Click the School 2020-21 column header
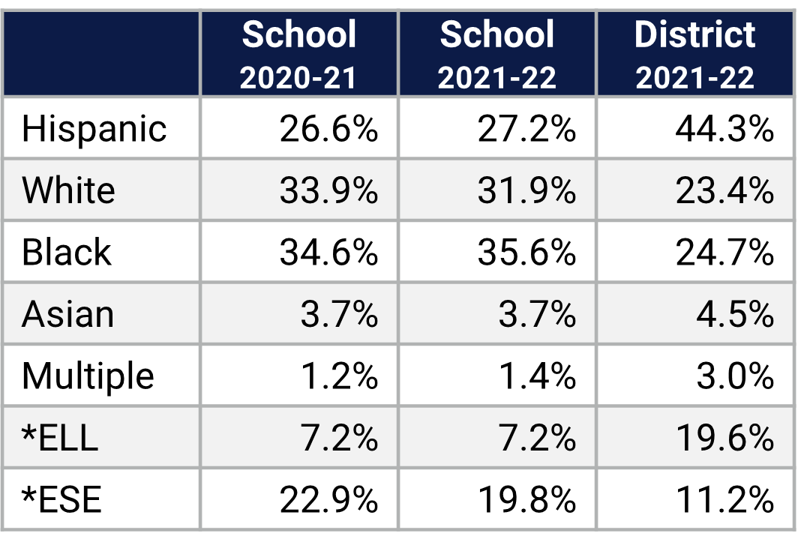pyautogui.click(x=298, y=55)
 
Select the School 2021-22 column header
pyautogui.click(x=497, y=55)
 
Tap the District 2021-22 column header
pyautogui.click(x=695, y=55)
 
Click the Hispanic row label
pyautogui.click(x=94, y=129)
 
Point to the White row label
pyautogui.click(x=68, y=190)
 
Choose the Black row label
pyautogui.click(x=67, y=252)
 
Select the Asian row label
pyautogui.click(x=68, y=313)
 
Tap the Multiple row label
pyautogui.click(x=88, y=375)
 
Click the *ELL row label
pyautogui.click(x=61, y=437)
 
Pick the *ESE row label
pyautogui.click(x=61, y=499)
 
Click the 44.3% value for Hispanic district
pyautogui.click(x=724, y=129)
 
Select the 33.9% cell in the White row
pyautogui.click(x=328, y=190)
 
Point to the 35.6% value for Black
pyautogui.click(x=526, y=252)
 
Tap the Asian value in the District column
pyautogui.click(x=734, y=313)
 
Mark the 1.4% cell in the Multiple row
pyautogui.click(x=537, y=375)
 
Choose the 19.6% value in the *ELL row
pyautogui.click(x=724, y=437)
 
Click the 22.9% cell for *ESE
pyautogui.click(x=328, y=499)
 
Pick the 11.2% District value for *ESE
pyautogui.click(x=724, y=499)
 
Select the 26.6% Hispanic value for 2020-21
pyautogui.click(x=328, y=129)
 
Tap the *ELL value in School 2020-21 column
pyautogui.click(x=339, y=437)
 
